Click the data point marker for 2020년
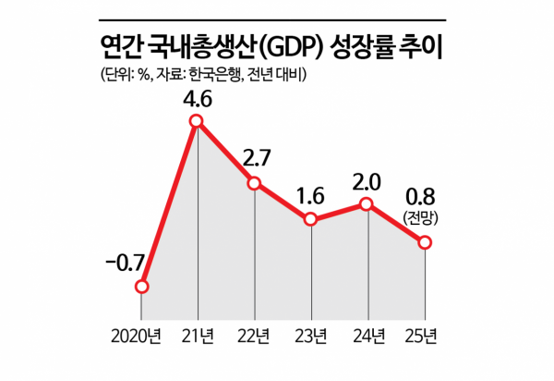(141, 287)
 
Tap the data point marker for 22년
(255, 184)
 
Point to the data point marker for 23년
(311, 219)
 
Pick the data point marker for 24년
(367, 204)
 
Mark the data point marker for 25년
(425, 242)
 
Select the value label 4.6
(196, 97)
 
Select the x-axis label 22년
(255, 334)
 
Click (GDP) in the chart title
(294, 43)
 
